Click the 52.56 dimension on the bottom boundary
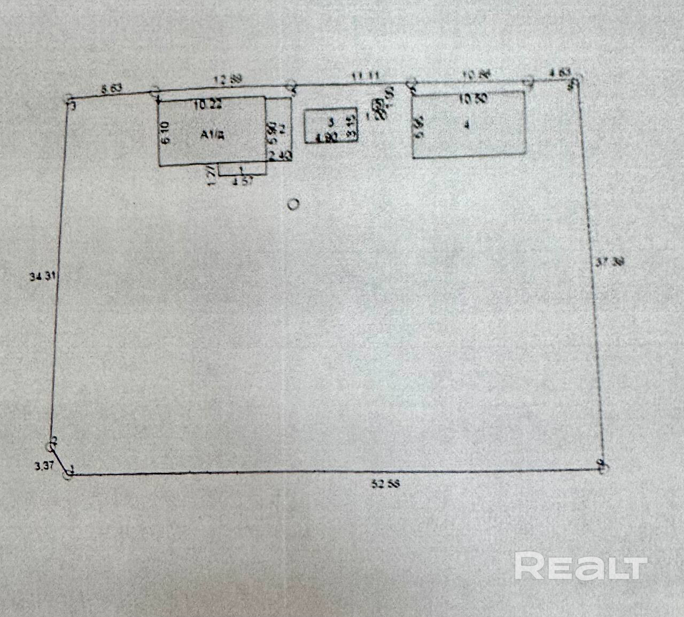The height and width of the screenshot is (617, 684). (385, 484)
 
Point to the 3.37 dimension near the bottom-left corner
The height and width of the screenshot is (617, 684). (44, 466)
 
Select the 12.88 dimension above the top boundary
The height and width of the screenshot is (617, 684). (228, 80)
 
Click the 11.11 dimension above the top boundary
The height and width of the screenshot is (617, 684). (366, 76)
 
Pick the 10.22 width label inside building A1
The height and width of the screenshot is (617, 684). (207, 105)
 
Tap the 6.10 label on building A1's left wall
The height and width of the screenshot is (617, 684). (165, 133)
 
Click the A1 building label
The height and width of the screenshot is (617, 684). (212, 135)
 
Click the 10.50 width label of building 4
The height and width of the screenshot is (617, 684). (473, 98)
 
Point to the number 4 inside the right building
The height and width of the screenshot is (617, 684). (467, 125)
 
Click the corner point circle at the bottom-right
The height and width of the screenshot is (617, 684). (603, 467)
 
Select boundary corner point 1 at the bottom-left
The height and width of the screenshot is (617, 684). (68, 474)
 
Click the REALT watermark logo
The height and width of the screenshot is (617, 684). (581, 567)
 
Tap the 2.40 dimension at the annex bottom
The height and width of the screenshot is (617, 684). (279, 156)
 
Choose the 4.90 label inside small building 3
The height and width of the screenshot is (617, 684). (326, 137)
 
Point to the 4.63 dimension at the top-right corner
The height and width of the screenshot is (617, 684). (559, 72)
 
